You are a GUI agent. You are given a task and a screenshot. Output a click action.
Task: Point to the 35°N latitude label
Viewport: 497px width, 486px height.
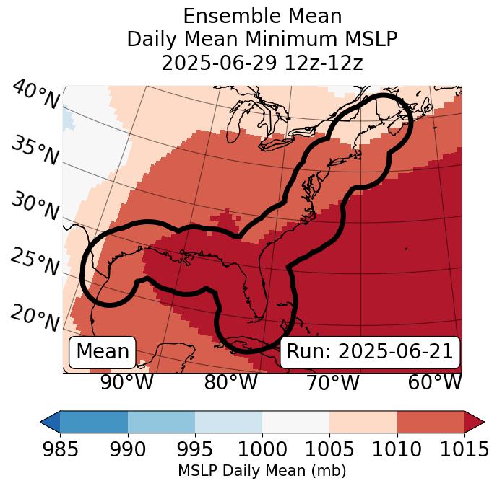click(x=35, y=150)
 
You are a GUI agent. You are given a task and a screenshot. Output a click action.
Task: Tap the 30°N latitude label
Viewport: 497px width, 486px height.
click(x=35, y=207)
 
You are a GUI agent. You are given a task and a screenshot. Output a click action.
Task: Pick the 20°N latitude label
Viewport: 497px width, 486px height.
click(x=35, y=317)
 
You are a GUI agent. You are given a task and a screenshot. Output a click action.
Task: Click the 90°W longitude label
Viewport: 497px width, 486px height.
click(x=126, y=382)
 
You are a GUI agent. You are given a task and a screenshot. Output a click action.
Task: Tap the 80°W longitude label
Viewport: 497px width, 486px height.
click(x=231, y=382)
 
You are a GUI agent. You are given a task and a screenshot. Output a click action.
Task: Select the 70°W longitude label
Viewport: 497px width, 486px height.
click(x=333, y=382)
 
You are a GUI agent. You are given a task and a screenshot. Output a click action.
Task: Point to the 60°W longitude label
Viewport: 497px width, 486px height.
click(x=435, y=382)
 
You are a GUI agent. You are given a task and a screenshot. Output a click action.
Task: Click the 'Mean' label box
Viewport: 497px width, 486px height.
click(x=103, y=352)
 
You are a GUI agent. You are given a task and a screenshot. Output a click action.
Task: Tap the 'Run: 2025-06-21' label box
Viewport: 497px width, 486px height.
click(x=370, y=352)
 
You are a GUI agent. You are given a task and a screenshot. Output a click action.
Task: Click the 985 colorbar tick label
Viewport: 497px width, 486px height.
click(x=60, y=450)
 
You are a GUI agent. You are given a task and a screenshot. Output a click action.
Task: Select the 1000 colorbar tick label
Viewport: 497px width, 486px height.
click(x=262, y=450)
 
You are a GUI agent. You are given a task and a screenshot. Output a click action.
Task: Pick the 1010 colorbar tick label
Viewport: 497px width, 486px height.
click(x=397, y=450)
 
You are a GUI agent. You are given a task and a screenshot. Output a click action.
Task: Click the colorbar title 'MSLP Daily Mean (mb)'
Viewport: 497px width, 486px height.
click(x=262, y=471)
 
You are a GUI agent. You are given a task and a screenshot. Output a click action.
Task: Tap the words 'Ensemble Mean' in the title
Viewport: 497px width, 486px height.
click(x=262, y=16)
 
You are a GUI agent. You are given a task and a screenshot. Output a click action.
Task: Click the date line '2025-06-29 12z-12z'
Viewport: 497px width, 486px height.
click(x=262, y=63)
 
